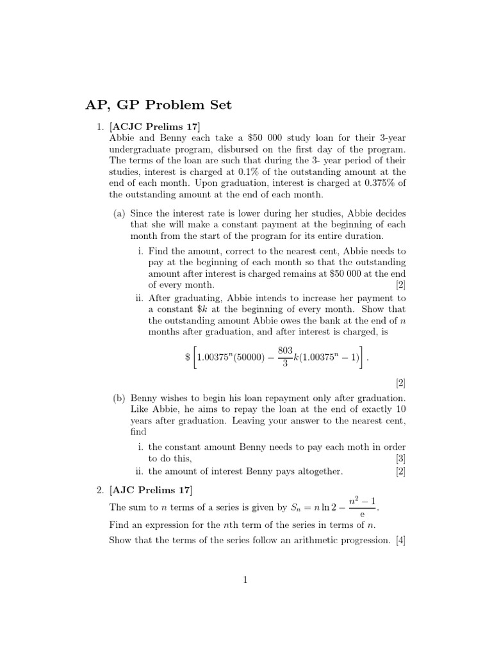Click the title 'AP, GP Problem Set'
[x=159, y=105]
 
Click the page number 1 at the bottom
[x=245, y=580]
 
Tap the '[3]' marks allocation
[x=400, y=459]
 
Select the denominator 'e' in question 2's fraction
[x=362, y=514]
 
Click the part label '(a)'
[x=120, y=213]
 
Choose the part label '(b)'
[x=120, y=398]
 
